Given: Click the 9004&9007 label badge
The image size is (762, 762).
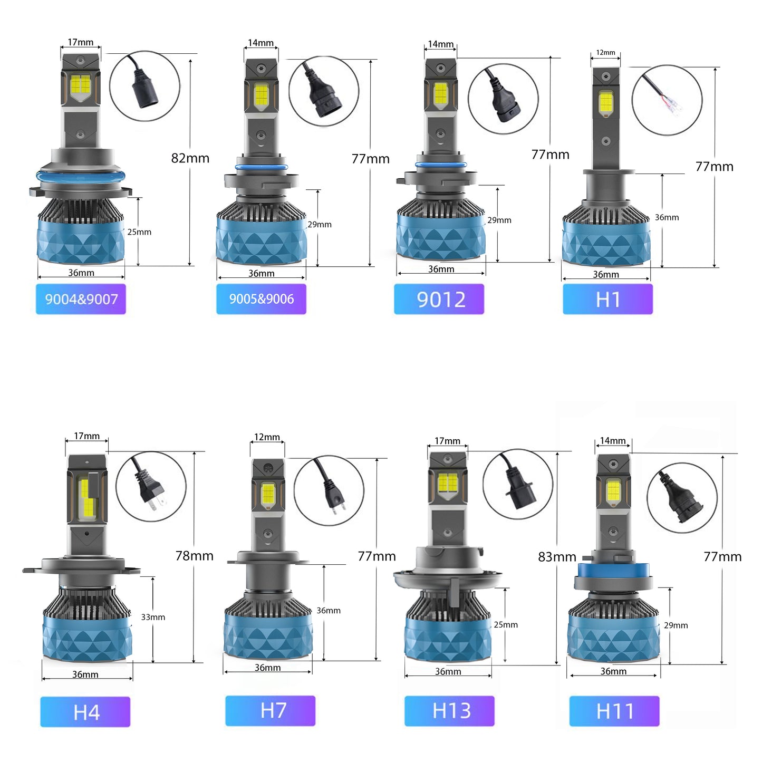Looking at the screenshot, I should (81, 299).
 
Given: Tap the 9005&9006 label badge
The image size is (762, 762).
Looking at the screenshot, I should (261, 299).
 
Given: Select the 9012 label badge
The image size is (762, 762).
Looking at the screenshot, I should (439, 299).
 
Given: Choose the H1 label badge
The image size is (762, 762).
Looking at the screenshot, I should (607, 299).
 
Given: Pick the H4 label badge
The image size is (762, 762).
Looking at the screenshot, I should (85, 712).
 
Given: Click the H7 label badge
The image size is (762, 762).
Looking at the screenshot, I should (270, 710).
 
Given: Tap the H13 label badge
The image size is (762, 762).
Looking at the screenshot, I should (449, 710).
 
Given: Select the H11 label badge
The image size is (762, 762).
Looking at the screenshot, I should (614, 711).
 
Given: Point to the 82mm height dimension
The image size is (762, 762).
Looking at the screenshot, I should (190, 158).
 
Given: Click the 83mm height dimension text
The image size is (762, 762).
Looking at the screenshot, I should (556, 557).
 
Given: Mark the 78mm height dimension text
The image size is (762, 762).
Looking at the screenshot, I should (194, 556).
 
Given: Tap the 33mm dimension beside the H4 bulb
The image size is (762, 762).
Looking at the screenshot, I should (153, 617).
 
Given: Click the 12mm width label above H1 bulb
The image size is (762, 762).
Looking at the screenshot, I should (605, 53).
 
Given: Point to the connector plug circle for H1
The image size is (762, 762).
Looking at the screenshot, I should (667, 100).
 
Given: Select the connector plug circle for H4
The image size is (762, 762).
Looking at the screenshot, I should (151, 486).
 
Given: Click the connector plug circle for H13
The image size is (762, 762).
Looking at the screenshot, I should (518, 484).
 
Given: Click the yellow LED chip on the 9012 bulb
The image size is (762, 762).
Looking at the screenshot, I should (440, 93).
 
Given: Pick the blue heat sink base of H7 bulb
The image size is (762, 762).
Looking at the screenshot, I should (268, 635).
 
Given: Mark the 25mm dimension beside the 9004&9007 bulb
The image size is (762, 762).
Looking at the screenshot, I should (139, 232).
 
